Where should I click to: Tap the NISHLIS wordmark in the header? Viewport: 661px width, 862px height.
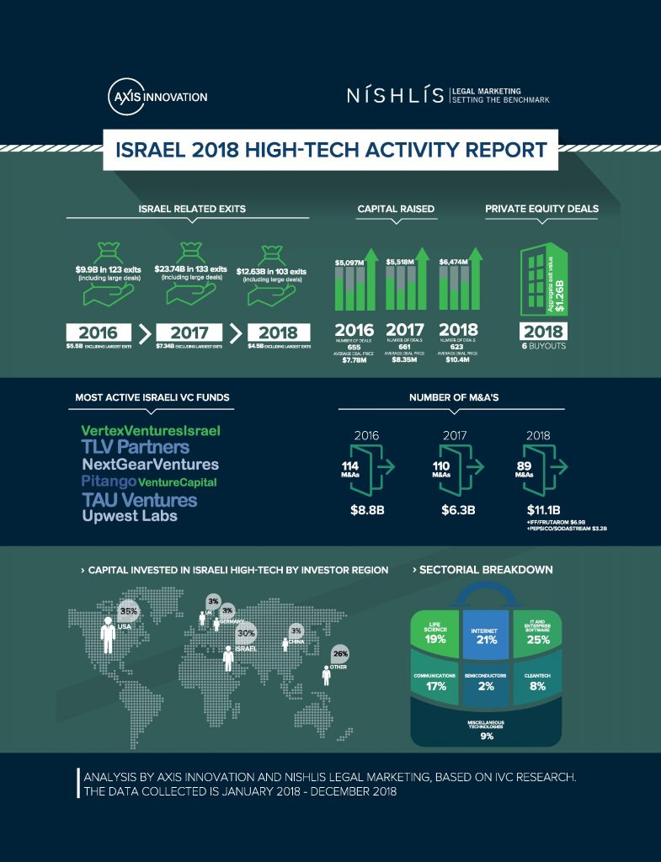click(395, 95)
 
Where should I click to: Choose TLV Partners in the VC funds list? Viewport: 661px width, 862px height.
click(135, 447)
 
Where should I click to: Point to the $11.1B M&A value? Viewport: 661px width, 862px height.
click(543, 509)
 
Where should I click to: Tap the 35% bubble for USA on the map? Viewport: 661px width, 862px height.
click(129, 611)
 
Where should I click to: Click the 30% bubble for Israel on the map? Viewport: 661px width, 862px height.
click(247, 632)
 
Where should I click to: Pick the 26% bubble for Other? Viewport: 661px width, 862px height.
click(340, 653)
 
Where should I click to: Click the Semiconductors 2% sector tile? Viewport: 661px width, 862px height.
click(485, 682)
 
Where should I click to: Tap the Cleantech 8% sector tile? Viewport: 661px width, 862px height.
click(537, 682)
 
